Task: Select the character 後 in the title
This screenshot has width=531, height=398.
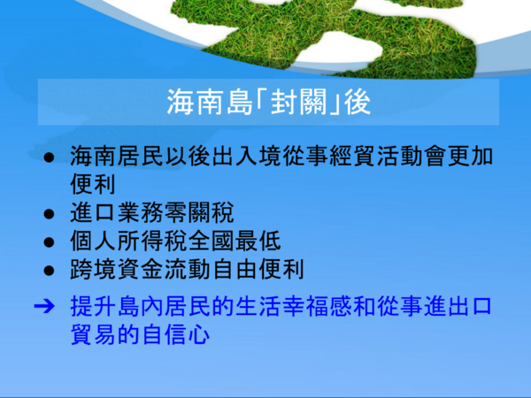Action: [358, 103]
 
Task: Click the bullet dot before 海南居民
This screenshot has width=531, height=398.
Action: [49, 157]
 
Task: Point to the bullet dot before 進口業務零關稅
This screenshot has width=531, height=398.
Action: [49, 214]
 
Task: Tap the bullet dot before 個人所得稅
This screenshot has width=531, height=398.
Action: [49, 242]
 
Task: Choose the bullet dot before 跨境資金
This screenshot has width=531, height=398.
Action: [49, 271]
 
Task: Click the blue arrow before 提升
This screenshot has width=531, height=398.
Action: [44, 306]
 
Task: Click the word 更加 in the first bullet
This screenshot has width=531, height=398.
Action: [470, 157]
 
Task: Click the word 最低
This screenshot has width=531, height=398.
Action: [258, 241]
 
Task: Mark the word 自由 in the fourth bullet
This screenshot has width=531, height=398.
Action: [235, 270]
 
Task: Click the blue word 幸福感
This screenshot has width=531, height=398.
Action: [317, 306]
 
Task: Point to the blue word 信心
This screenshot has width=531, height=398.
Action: [188, 334]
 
